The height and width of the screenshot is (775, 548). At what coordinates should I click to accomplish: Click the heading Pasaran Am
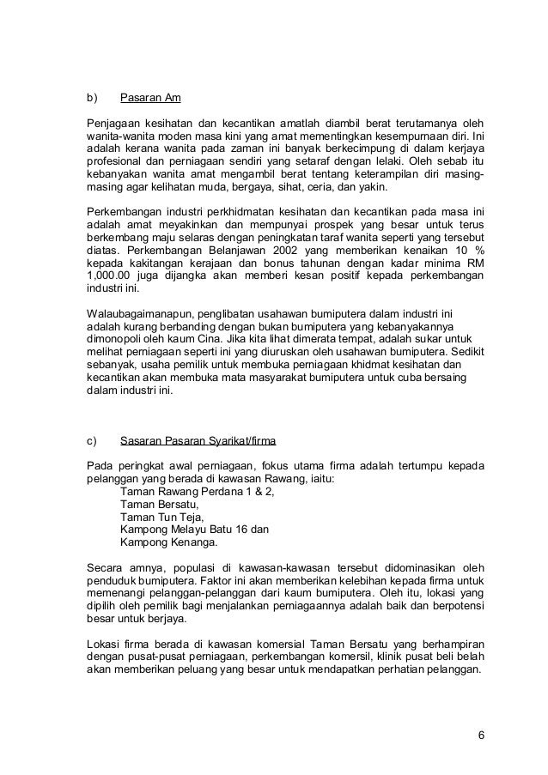click(x=150, y=96)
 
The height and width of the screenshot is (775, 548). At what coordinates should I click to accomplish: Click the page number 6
click(x=480, y=735)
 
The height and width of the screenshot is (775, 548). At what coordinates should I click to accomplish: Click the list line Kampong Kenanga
click(x=169, y=542)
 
